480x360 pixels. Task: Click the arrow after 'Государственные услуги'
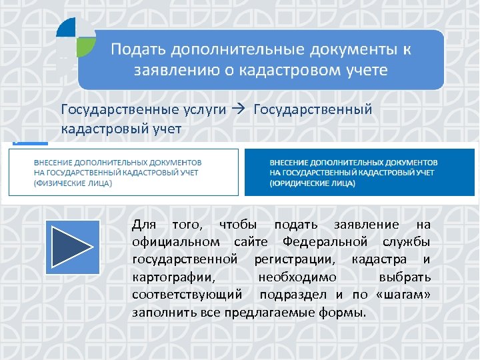[241, 109]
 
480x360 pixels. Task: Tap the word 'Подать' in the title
[138, 50]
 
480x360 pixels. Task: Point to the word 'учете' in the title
[365, 69]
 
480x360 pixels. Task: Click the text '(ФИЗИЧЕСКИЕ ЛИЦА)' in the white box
[73, 183]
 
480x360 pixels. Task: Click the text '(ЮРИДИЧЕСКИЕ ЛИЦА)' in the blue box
[311, 183]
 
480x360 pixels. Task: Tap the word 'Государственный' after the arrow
[313, 109]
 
